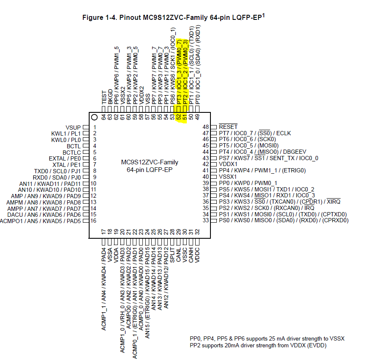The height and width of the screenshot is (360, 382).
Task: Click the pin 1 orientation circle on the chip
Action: pos(94,117)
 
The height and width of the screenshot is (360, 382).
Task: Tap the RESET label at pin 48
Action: pos(228,127)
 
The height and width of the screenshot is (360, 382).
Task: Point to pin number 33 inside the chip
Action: pos(206,220)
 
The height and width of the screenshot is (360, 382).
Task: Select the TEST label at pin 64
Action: pos(104,98)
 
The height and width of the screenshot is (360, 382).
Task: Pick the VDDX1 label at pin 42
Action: pos(229,164)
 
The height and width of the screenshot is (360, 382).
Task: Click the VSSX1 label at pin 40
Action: pos(229,177)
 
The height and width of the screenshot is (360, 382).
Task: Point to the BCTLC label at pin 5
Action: pos(72,152)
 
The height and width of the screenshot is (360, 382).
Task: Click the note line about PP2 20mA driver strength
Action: pos(258,346)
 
